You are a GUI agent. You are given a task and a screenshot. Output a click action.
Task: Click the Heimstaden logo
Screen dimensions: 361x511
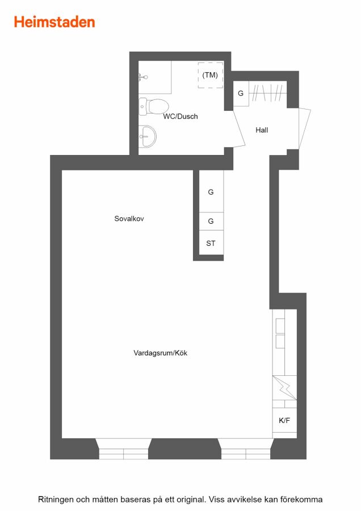coord(54,22)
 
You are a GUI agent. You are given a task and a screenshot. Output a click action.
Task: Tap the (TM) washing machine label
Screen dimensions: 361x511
coord(210,75)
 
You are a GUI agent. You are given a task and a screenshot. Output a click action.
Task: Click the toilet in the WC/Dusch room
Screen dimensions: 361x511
coord(153,107)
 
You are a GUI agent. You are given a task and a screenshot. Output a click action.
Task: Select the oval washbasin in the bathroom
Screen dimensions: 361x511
coord(148,136)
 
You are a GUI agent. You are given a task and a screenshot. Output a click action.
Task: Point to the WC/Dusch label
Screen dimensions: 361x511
coord(180,116)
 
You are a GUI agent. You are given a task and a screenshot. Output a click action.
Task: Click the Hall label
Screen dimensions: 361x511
coord(262,130)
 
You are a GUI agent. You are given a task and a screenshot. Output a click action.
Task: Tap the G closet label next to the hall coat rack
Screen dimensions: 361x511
coord(241,93)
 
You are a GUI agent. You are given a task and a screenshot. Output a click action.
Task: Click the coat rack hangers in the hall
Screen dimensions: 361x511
coord(268,93)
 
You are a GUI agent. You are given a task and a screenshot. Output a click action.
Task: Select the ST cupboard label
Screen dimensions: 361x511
coord(211,243)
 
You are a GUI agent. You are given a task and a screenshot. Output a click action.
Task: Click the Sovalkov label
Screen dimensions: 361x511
coord(129,219)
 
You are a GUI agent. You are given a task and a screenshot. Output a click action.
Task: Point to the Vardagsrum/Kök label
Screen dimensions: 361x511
coord(160,353)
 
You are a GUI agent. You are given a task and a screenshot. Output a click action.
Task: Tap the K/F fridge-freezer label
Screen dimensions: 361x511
coord(284,420)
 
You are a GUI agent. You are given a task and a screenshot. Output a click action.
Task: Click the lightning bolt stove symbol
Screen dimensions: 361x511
coord(284,388)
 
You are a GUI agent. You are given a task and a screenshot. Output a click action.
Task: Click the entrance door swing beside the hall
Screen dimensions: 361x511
coord(305,129)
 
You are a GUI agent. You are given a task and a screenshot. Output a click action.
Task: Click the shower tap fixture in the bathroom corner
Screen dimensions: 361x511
coord(143,77)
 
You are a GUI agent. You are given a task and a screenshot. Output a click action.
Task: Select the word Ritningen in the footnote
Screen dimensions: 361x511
coord(56,500)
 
